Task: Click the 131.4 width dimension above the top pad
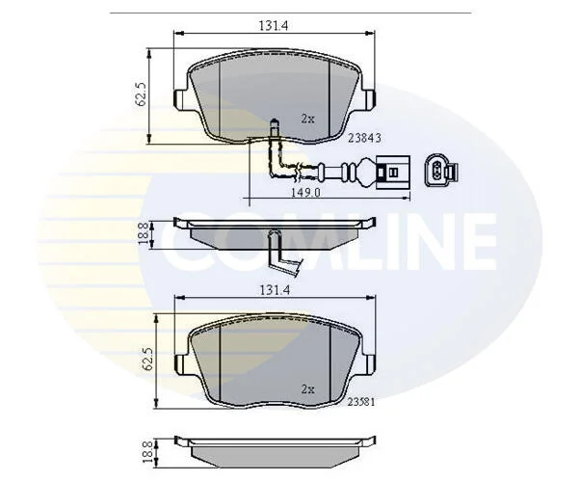pyautogui.click(x=274, y=25)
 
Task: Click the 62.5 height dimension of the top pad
pyautogui.click(x=142, y=95)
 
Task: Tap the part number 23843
pyautogui.click(x=365, y=138)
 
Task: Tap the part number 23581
pyautogui.click(x=361, y=402)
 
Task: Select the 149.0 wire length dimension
pyautogui.click(x=305, y=193)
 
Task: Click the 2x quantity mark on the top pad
pyautogui.click(x=307, y=119)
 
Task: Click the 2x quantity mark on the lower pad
pyautogui.click(x=307, y=389)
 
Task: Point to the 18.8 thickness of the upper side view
pyautogui.click(x=144, y=233)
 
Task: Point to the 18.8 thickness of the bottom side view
pyautogui.click(x=147, y=451)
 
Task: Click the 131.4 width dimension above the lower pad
pyautogui.click(x=274, y=290)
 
